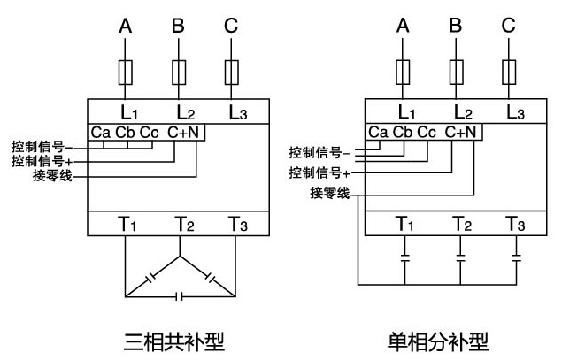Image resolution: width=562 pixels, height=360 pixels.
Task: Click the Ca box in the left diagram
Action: [x=100, y=133]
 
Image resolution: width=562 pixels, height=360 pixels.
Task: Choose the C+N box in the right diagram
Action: [x=461, y=133]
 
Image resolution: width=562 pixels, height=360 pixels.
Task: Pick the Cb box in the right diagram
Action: [x=404, y=133]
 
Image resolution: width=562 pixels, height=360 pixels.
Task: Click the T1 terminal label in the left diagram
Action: [x=127, y=224]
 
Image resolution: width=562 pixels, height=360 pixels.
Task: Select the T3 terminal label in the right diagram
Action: [x=514, y=224]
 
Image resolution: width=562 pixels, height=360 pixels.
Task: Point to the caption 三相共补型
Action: [x=173, y=339]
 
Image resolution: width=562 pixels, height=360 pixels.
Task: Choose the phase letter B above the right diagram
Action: [x=456, y=27]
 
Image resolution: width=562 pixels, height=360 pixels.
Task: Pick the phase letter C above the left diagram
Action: [x=231, y=27]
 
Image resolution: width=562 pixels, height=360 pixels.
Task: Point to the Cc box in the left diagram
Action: [x=150, y=133]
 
